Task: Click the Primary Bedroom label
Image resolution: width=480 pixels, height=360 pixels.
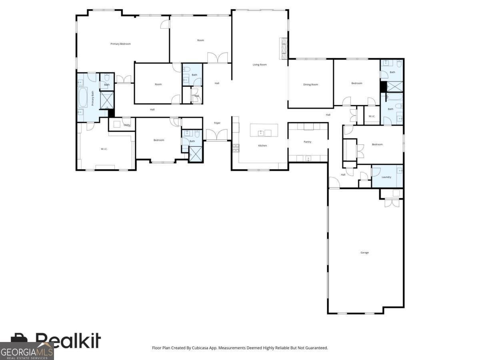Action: (120, 44)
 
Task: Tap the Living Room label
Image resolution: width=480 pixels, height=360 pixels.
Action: (259, 64)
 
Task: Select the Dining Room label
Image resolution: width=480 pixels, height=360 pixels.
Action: (310, 84)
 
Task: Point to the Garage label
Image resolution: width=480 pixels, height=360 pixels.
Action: (364, 252)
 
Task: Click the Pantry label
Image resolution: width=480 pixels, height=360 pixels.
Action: (307, 142)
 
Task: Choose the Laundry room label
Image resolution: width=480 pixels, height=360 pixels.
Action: (386, 177)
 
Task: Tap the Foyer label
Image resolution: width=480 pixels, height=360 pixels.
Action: (217, 123)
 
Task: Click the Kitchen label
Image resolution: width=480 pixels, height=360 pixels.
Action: (262, 146)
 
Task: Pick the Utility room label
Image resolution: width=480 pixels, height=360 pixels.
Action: (127, 125)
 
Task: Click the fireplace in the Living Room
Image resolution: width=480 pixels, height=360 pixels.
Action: (284, 48)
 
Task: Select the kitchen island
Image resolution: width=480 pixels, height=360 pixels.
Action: (264, 130)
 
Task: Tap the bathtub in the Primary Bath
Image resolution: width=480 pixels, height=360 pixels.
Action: (83, 98)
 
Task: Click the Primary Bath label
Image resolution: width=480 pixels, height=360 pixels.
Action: (93, 98)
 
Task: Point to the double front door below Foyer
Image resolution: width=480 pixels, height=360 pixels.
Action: (217, 135)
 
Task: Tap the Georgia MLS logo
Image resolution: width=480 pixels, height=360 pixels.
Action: (26, 351)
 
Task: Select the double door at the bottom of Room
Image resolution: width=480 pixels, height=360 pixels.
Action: (218, 58)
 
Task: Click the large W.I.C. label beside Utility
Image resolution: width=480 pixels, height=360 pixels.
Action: (104, 149)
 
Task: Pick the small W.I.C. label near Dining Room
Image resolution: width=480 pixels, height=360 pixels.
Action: (372, 116)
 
